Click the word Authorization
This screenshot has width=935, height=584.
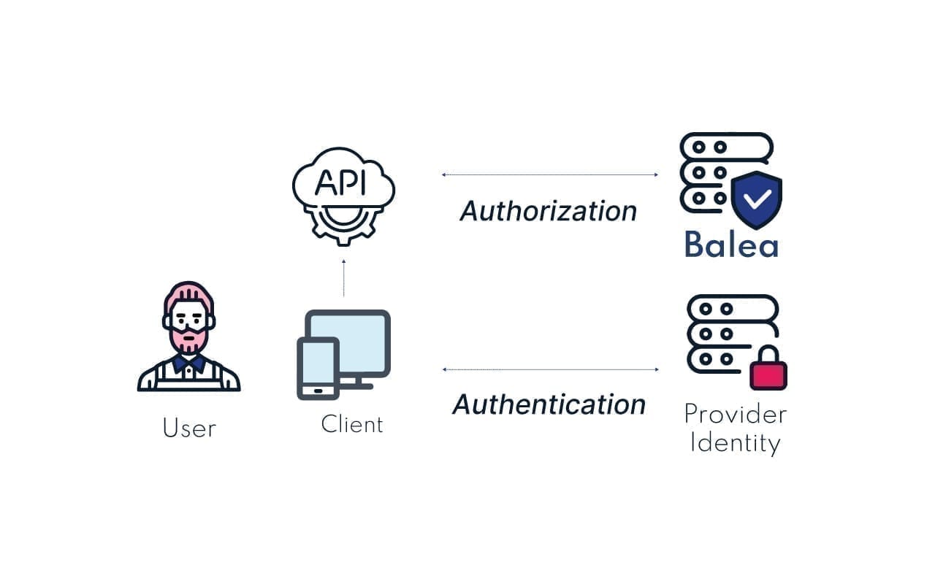(548, 211)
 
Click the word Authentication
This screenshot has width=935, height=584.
(549, 404)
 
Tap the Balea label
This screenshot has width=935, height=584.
(732, 244)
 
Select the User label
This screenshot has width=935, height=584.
(189, 428)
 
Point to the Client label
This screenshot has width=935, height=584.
(352, 424)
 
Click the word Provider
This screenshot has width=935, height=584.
(736, 415)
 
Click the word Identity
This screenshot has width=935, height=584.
(735, 443)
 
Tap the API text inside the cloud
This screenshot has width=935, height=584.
(340, 182)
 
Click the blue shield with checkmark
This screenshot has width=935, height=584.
(757, 200)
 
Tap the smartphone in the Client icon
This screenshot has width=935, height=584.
(318, 369)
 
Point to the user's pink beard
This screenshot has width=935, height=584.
(188, 341)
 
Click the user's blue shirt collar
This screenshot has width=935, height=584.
(189, 364)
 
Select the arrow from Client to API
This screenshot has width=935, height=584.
(344, 278)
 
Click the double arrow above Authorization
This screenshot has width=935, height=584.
(550, 174)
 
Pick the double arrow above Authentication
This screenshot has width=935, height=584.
(551, 369)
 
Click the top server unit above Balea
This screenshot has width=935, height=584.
(726, 147)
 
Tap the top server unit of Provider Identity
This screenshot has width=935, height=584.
(733, 309)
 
